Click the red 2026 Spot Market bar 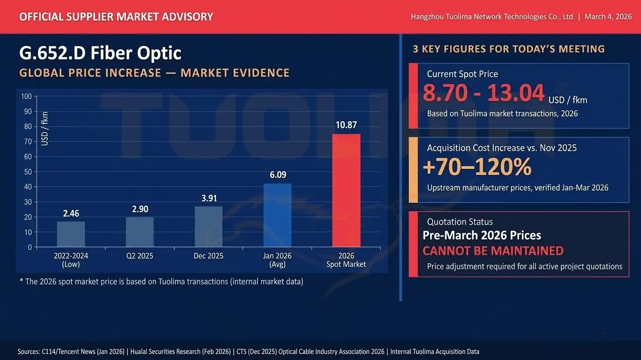coord(346,190)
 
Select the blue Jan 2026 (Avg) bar coord(277,215)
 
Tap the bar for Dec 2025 coord(209,226)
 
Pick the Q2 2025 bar coord(140,232)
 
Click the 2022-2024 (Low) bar coord(71,234)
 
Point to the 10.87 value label coord(346,125)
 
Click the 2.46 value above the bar coord(71,213)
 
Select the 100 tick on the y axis coord(26,97)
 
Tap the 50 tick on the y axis coord(28,172)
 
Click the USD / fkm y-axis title coord(45,129)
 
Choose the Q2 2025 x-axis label coord(140,256)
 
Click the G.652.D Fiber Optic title coord(100,53)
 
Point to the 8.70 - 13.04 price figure coord(484,92)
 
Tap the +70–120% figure coord(477,167)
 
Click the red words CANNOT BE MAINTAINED coord(493,251)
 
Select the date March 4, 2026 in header coord(608,16)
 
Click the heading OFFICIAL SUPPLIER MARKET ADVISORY coord(116,17)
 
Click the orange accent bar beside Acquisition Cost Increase coord(413,170)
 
